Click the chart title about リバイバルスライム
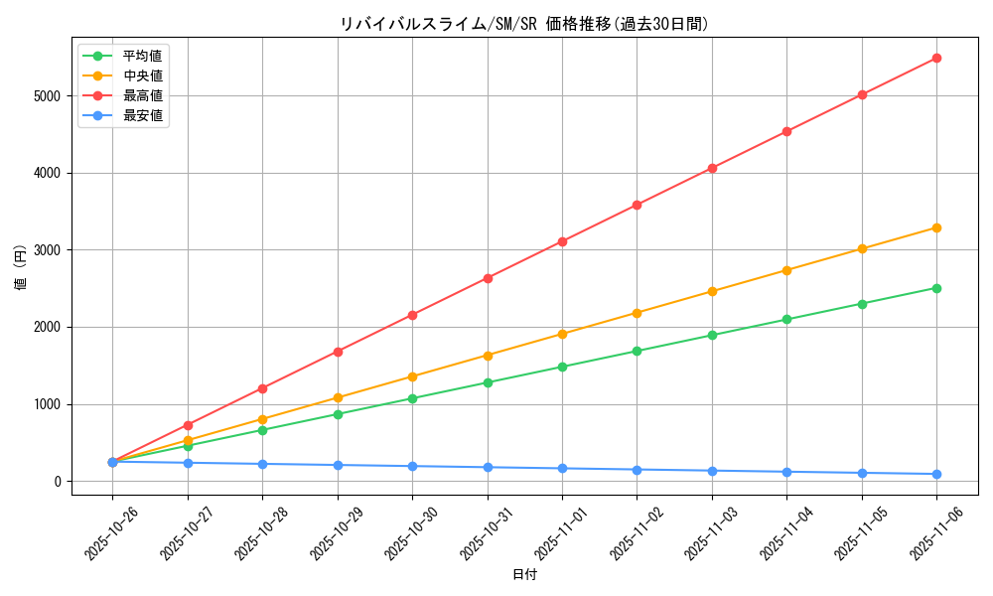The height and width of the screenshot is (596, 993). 524,24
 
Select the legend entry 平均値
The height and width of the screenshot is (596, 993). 142,56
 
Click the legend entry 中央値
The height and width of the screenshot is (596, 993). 142,75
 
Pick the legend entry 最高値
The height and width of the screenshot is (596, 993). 142,95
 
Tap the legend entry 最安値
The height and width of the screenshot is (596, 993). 142,115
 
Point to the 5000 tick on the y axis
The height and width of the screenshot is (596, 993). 46,96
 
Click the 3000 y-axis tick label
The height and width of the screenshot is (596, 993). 46,250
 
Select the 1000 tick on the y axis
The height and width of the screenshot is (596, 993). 46,404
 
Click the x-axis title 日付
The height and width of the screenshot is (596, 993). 524,575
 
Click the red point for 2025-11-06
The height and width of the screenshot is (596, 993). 936,59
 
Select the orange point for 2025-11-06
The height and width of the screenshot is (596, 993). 936,227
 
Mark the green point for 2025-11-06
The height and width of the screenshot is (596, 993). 936,288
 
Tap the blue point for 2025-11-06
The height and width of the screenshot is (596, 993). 936,474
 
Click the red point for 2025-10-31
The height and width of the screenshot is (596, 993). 488,278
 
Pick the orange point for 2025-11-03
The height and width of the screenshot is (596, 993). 712,291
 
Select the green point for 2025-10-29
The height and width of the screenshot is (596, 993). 338,414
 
